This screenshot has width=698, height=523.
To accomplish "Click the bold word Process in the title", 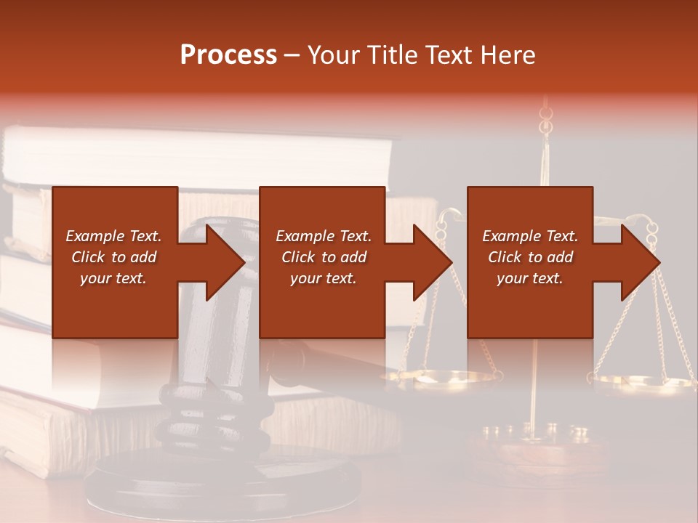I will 228,55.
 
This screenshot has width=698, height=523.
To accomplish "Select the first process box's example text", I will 114,257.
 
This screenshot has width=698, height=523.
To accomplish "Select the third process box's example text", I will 530,257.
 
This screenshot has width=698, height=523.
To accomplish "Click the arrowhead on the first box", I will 218,262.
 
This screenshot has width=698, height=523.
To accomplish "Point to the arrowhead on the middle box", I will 426,262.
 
